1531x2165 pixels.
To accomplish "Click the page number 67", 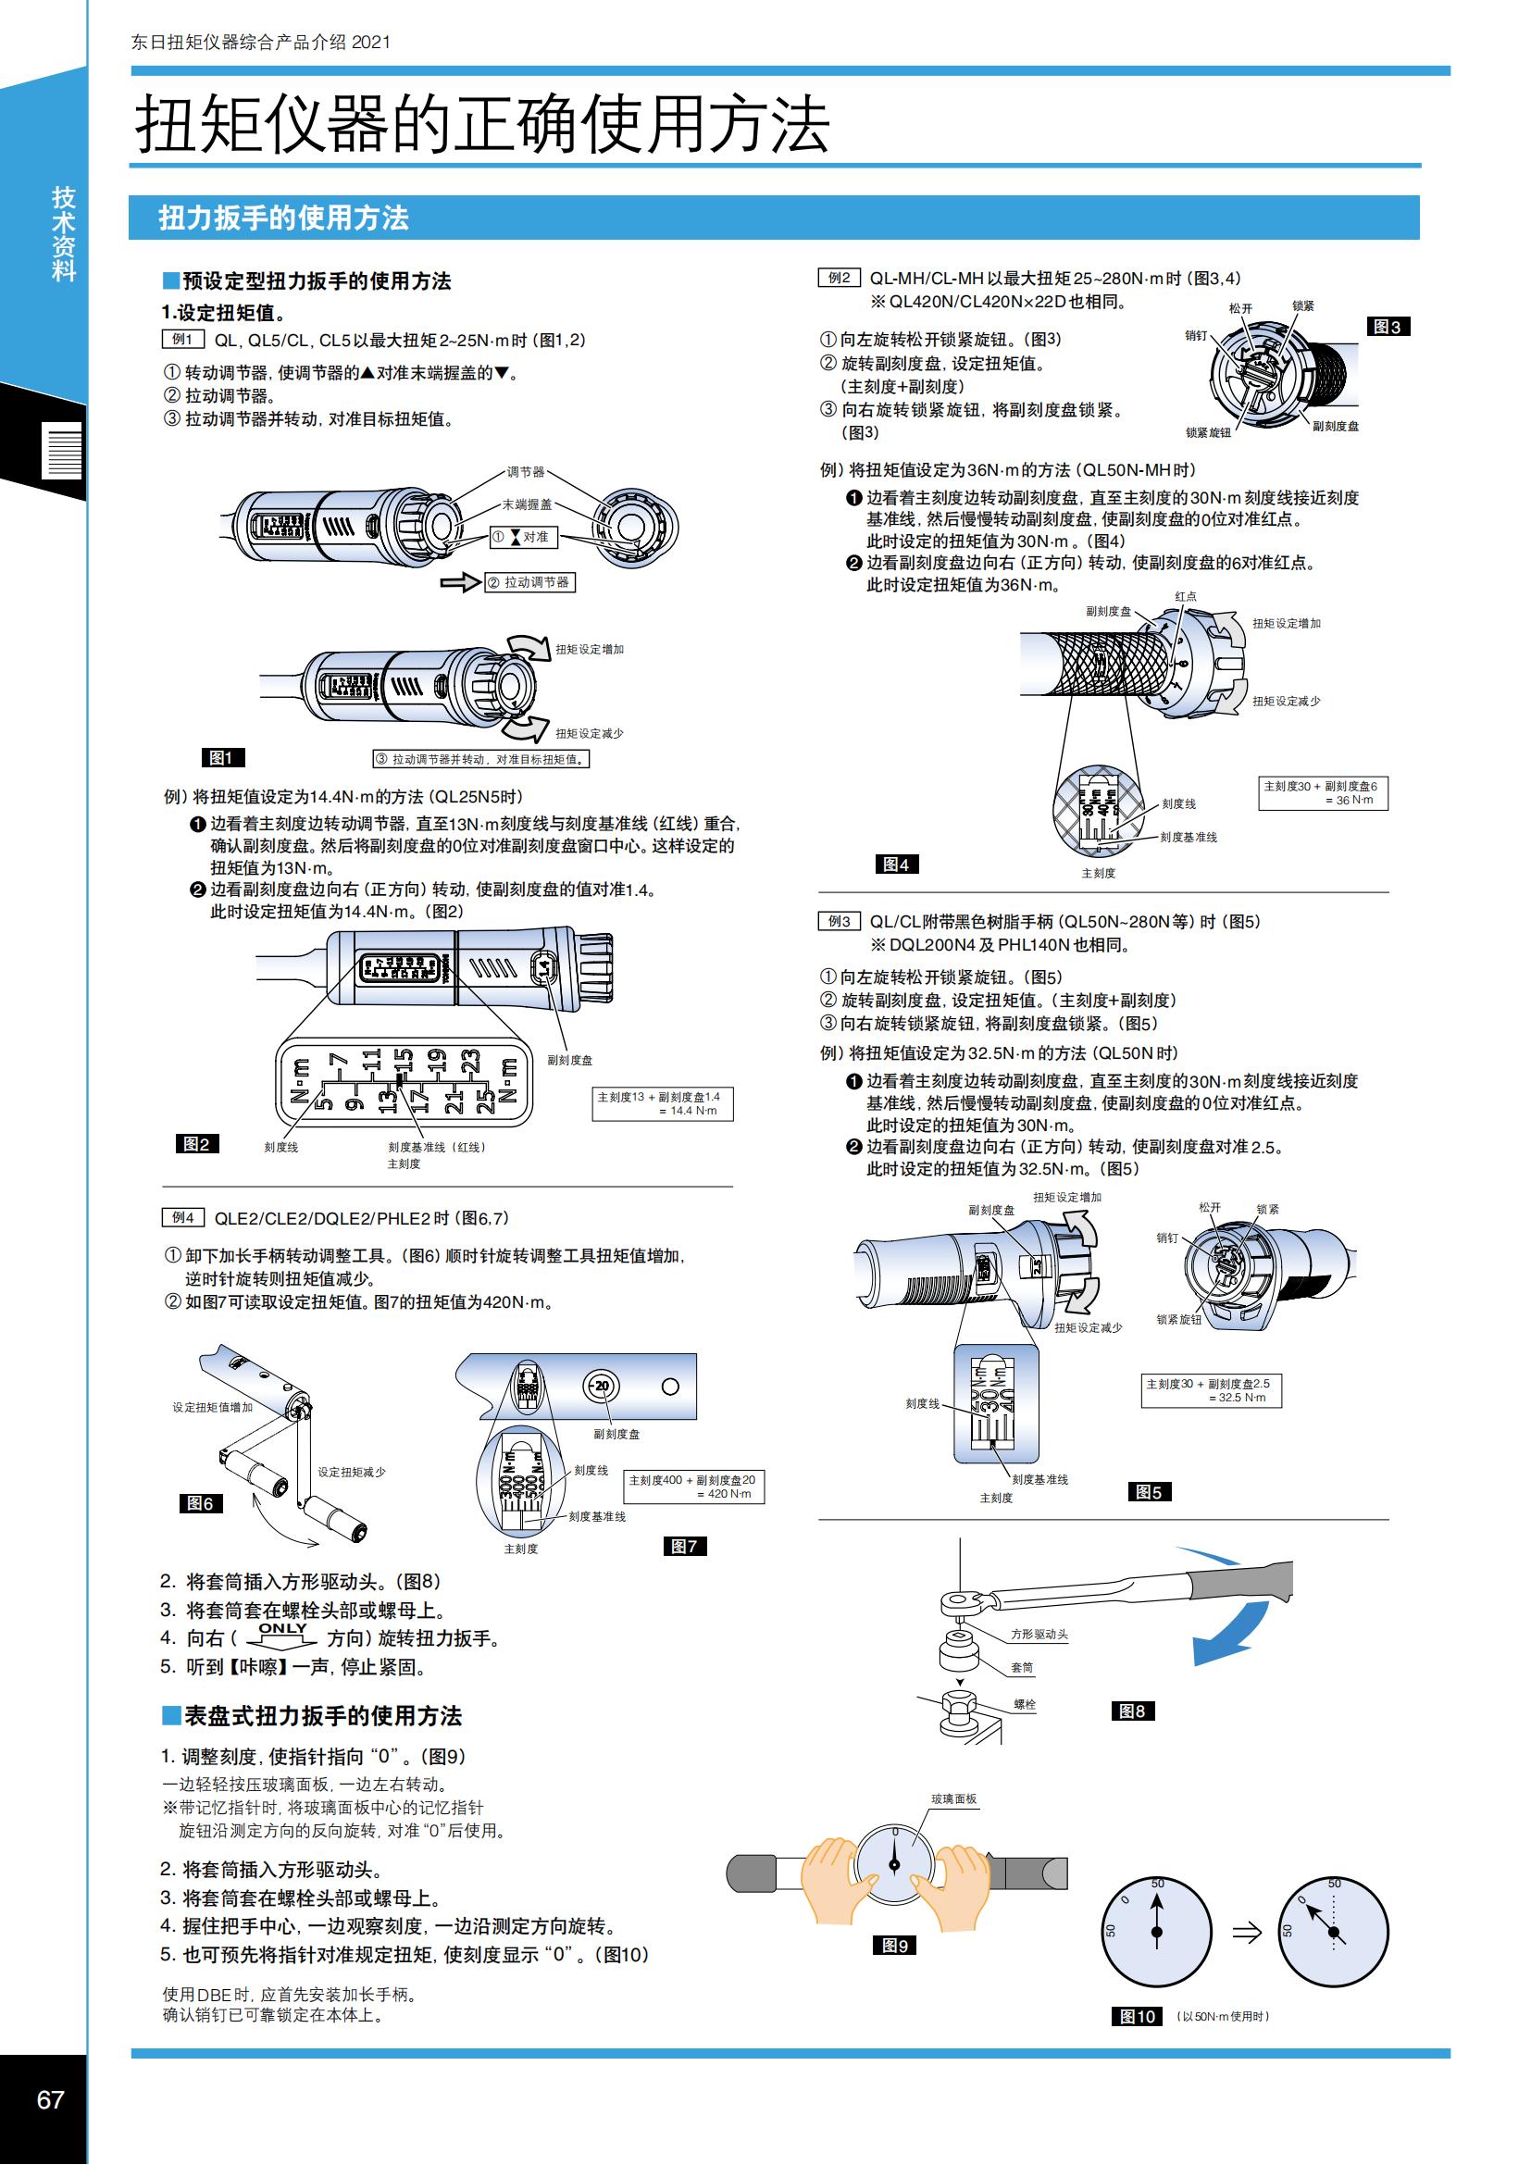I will [50, 2100].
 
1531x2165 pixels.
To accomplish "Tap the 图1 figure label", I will [222, 757].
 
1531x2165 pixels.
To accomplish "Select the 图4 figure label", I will [897, 864].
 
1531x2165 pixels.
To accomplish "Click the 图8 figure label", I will [1132, 1711].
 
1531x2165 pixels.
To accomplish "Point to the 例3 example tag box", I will [839, 921].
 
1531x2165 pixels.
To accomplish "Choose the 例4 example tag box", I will [183, 1217].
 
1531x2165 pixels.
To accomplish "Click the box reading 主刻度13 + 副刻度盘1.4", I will [662, 1103].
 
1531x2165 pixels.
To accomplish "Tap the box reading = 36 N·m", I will [1323, 793].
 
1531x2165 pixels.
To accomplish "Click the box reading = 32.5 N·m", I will [1211, 1391].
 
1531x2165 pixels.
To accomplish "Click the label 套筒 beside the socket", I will [1022, 1667].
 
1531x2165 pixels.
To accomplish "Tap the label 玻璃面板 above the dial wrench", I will [954, 1798].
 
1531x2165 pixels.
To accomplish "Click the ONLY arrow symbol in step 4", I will [282, 1634].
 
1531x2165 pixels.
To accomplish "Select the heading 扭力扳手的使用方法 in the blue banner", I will [284, 218].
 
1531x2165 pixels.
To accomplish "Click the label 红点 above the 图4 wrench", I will [1185, 596].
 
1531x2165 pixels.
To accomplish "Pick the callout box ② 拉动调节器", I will [529, 582].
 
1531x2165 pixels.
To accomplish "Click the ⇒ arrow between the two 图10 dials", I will [1247, 1932].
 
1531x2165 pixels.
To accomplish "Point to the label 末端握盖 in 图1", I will [527, 504].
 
